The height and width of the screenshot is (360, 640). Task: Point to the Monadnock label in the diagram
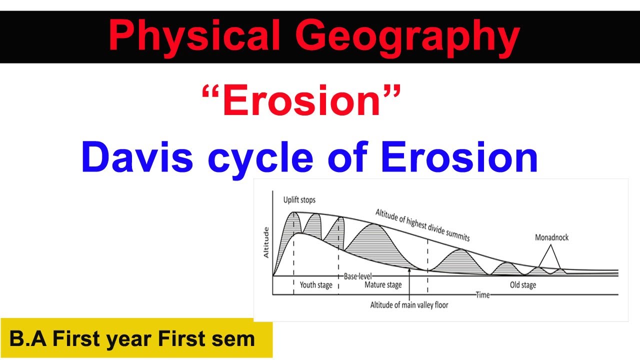tap(551, 237)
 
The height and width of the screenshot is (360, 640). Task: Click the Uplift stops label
tap(299, 200)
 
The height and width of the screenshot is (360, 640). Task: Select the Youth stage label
tap(315, 285)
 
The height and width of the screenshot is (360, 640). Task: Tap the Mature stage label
tap(382, 285)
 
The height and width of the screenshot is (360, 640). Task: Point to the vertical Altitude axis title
tap(266, 242)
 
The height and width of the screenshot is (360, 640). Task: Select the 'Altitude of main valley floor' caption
tap(409, 304)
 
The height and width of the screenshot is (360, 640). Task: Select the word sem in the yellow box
tap(238, 339)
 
